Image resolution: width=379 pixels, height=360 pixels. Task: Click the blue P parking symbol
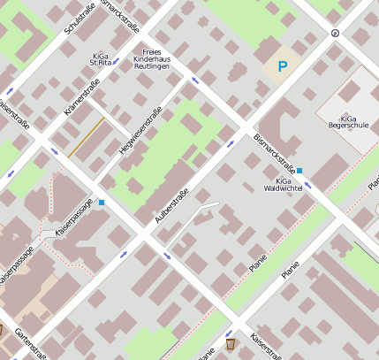click(283, 66)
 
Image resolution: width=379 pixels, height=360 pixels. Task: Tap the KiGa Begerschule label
click(347, 122)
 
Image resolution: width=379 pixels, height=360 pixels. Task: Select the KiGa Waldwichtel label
click(283, 184)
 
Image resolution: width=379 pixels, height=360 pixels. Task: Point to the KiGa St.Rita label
click(102, 59)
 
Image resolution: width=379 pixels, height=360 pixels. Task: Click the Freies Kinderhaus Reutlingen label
click(160, 59)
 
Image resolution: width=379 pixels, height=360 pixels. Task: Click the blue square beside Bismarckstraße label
click(299, 170)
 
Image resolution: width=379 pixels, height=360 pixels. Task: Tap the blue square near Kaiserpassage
click(102, 203)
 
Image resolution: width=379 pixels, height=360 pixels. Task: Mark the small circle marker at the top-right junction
click(334, 33)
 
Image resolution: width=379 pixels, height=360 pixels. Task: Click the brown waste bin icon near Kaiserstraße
click(231, 343)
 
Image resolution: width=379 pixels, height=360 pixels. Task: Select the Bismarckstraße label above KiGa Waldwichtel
click(274, 152)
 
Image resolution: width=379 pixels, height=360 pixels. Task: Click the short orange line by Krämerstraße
click(86, 138)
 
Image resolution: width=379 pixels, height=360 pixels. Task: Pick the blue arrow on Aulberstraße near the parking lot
click(231, 142)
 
